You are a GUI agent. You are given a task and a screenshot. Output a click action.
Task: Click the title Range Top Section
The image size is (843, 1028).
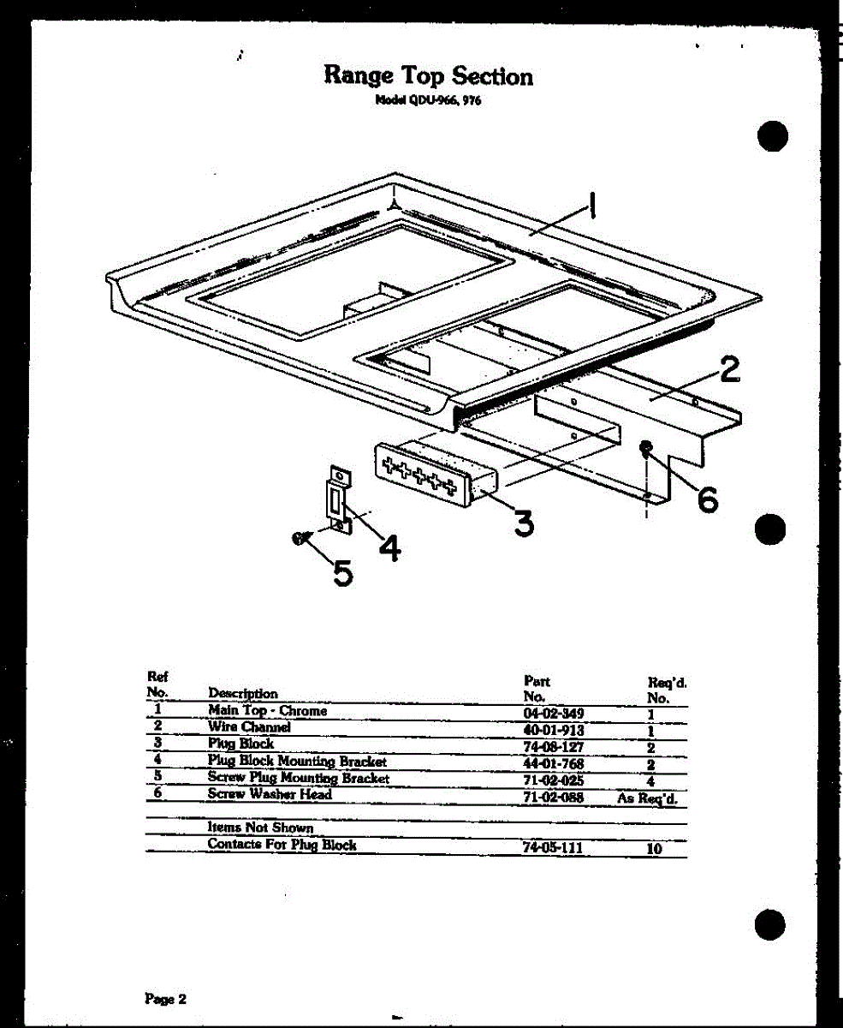(x=428, y=75)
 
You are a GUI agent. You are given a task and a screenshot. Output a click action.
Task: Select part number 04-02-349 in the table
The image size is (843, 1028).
(x=552, y=712)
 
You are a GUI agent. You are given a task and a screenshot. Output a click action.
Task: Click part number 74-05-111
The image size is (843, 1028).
(x=552, y=846)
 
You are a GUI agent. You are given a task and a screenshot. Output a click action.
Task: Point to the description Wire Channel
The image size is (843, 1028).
(x=249, y=727)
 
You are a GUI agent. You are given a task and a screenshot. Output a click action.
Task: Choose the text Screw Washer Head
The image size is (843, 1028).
(x=270, y=794)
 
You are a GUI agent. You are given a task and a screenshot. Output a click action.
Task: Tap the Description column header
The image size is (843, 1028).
(x=243, y=693)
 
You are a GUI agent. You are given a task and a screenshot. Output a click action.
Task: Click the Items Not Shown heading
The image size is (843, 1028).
(x=260, y=828)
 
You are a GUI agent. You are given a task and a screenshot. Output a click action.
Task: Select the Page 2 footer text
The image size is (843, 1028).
(x=165, y=999)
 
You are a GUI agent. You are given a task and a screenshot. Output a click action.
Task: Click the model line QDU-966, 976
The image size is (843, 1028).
(x=430, y=99)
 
